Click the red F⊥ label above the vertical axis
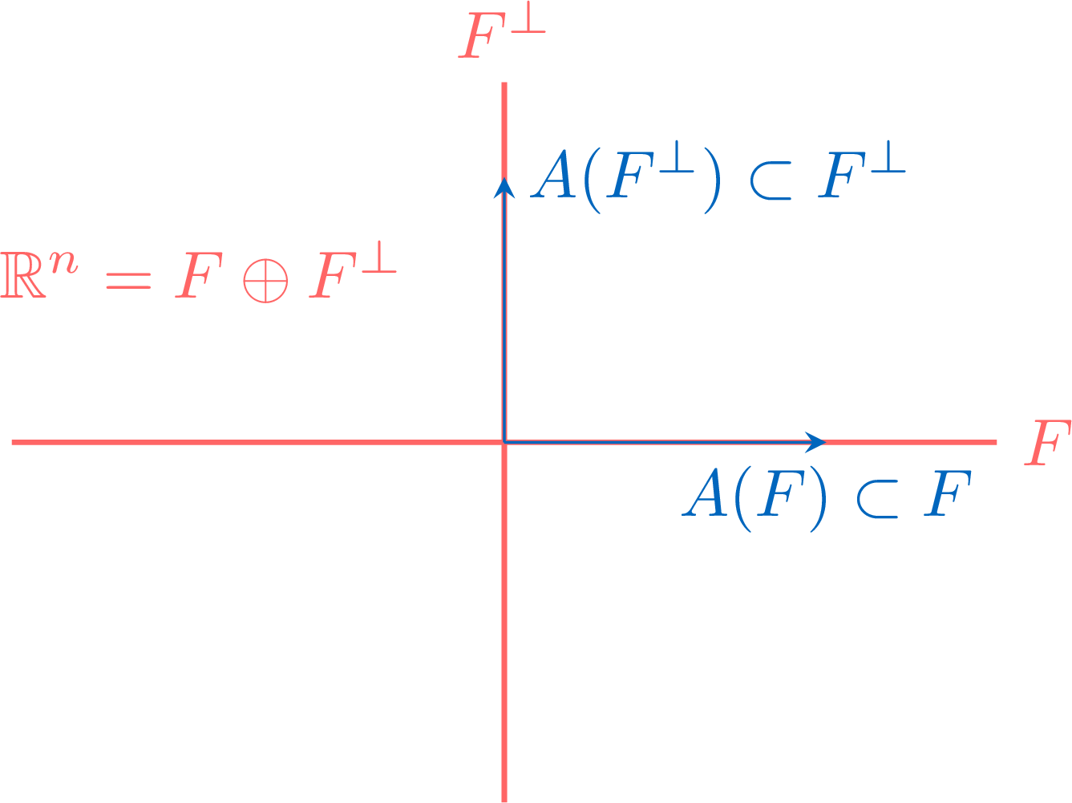pyautogui.click(x=502, y=30)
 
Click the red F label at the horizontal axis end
pyautogui.click(x=1048, y=443)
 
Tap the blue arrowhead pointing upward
pyautogui.click(x=504, y=188)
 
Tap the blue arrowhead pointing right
pyautogui.click(x=815, y=443)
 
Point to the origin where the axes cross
pyautogui.click(x=504, y=443)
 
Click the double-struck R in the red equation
pyautogui.click(x=23, y=274)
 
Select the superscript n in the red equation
pyautogui.click(x=63, y=263)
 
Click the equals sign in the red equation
pyautogui.click(x=128, y=281)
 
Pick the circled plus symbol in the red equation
pyautogui.click(x=265, y=281)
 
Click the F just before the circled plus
pyautogui.click(x=199, y=274)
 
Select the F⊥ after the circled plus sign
pyautogui.click(x=352, y=270)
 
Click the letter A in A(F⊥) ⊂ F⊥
pyautogui.click(x=553, y=174)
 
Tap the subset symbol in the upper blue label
pyautogui.click(x=771, y=180)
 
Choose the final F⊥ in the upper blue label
pyautogui.click(x=862, y=169)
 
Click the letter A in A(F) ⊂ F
pyautogui.click(x=704, y=492)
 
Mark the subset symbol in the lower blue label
pyautogui.click(x=877, y=499)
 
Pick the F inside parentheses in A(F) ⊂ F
pyautogui.click(x=780, y=493)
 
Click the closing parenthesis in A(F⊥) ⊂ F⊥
pyautogui.click(x=713, y=180)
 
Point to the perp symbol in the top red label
pyautogui.click(x=528, y=17)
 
